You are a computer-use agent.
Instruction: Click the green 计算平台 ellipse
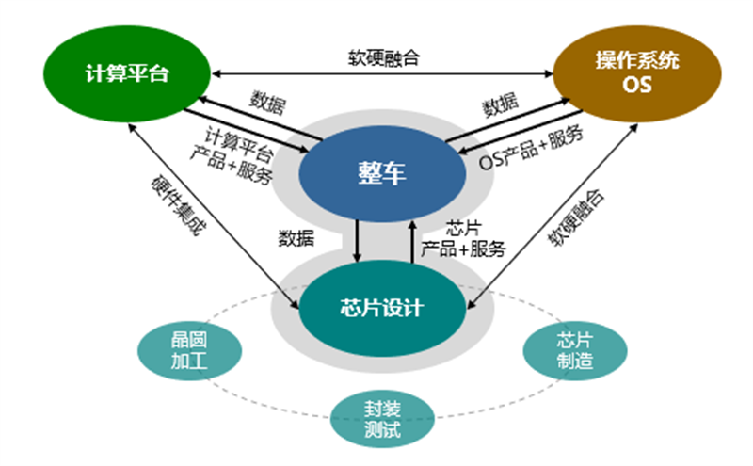click(126, 72)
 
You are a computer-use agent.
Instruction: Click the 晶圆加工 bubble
click(183, 351)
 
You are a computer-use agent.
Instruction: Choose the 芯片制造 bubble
click(573, 350)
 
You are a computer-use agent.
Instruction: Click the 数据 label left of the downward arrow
click(297, 237)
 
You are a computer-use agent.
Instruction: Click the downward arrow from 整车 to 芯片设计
click(357, 241)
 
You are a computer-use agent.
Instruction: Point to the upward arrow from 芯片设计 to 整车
click(411, 241)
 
